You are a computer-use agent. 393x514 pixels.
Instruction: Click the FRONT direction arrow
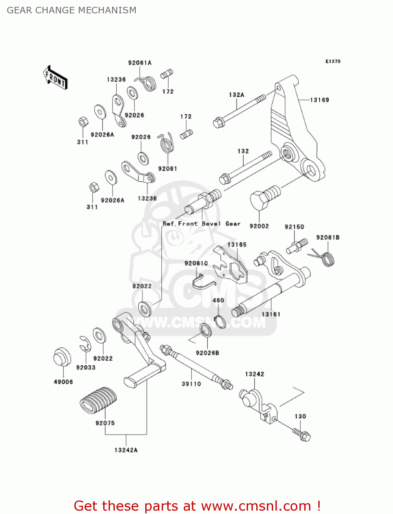55,78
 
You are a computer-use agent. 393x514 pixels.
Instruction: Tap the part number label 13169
319,100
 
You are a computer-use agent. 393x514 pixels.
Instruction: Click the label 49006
63,382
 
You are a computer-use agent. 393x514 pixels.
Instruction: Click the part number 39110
191,384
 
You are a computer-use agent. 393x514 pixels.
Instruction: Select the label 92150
294,227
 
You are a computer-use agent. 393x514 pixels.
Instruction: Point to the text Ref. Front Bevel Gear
201,224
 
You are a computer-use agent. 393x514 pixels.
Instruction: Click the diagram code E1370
333,61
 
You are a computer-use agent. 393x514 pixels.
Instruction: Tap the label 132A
236,95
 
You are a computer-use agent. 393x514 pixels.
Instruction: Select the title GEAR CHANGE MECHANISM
72,10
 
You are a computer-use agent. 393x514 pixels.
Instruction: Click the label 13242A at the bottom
126,450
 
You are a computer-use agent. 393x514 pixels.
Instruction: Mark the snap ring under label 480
220,322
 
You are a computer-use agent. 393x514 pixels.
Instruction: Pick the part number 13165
237,245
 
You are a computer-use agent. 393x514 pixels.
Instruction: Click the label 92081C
196,263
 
